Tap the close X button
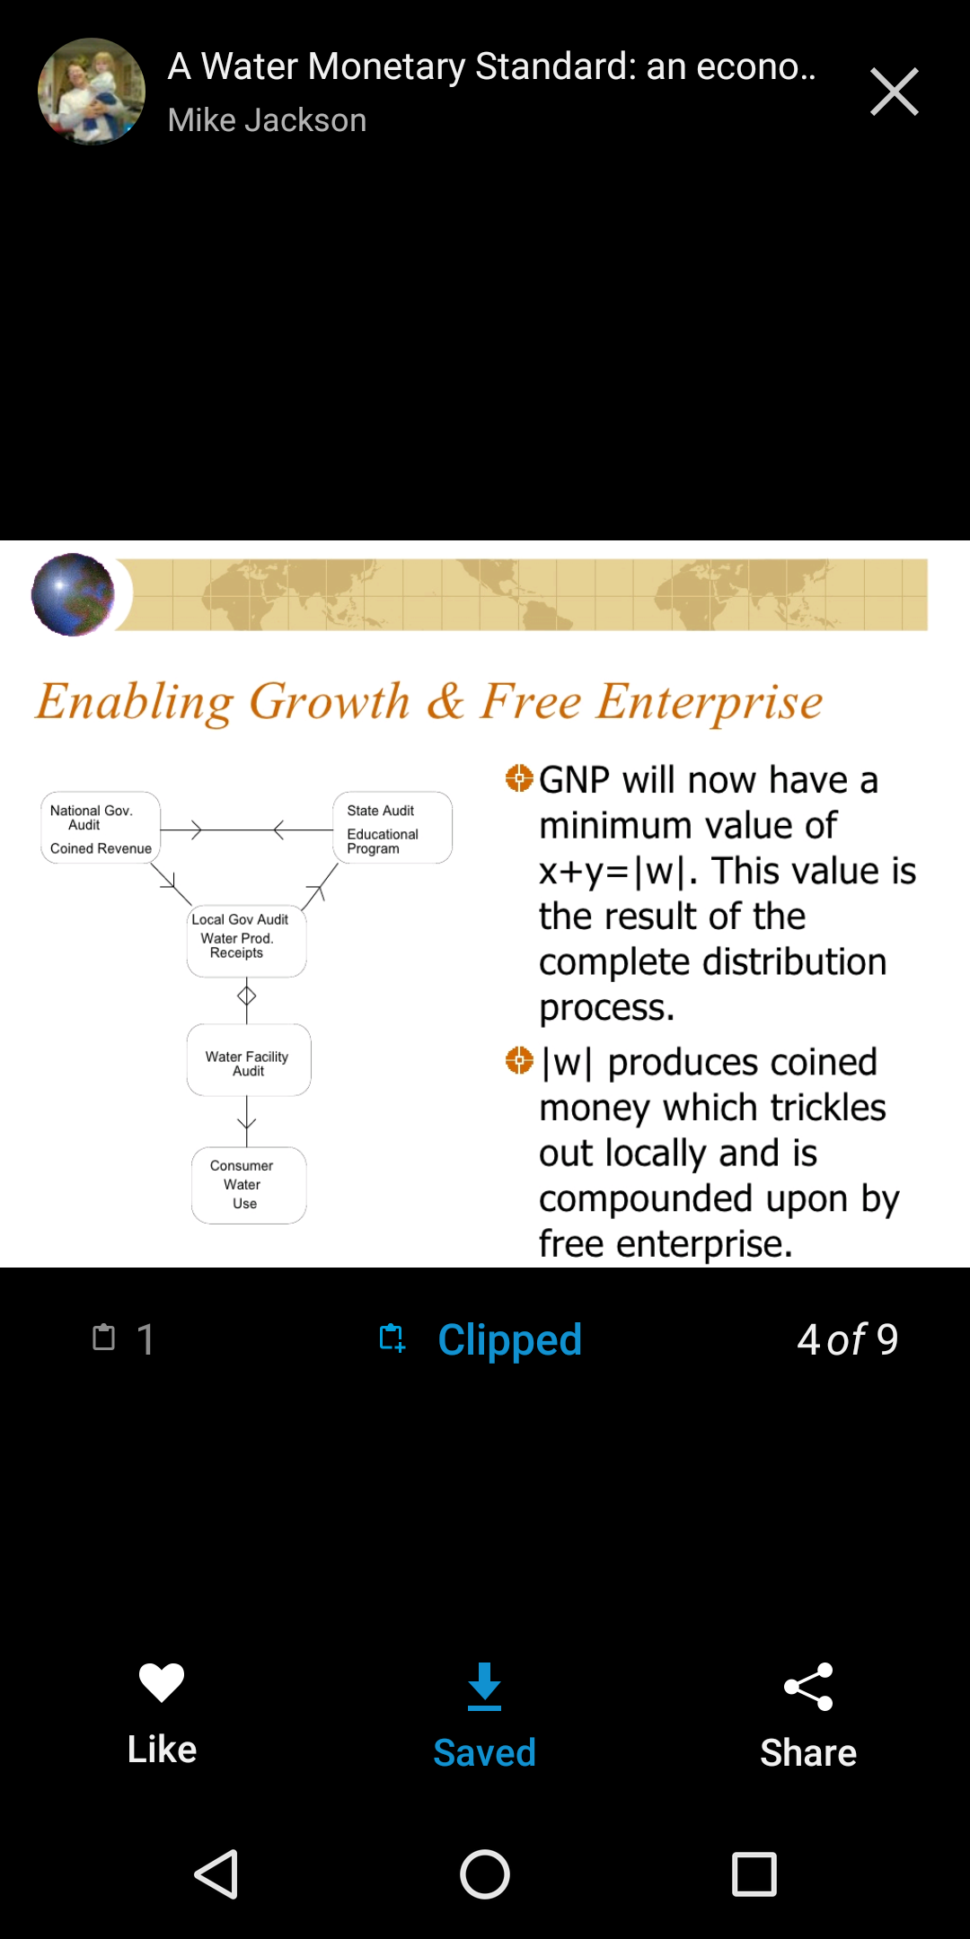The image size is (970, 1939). (x=895, y=92)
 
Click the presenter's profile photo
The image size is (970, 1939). (x=92, y=92)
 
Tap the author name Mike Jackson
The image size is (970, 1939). (x=267, y=120)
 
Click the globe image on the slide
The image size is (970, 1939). (x=73, y=594)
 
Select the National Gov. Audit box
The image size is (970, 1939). (x=101, y=828)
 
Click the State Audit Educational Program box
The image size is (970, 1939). (x=392, y=828)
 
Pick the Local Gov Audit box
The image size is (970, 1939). (x=247, y=941)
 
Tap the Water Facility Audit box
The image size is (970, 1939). (x=249, y=1060)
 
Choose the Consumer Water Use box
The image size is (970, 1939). (x=249, y=1185)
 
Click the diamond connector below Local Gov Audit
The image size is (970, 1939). (x=247, y=996)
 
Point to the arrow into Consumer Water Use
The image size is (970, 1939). (x=247, y=1121)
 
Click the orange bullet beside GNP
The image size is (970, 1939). (x=519, y=778)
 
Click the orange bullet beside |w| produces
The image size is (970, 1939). (x=519, y=1060)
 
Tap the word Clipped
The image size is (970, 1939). (x=509, y=1339)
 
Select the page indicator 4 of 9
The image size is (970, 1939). (x=847, y=1339)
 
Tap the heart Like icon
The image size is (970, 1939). (x=162, y=1681)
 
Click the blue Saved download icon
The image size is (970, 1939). (x=484, y=1686)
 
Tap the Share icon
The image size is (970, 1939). (x=808, y=1688)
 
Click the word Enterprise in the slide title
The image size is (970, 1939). (x=710, y=702)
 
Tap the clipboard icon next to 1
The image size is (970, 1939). (x=104, y=1337)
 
